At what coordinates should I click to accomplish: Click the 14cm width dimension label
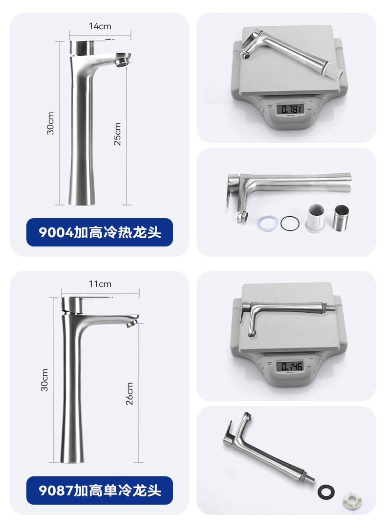coord(100,26)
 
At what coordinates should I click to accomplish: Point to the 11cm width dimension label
coord(100,284)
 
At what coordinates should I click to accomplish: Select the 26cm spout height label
coord(129,394)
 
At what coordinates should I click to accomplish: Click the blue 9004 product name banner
coord(100,232)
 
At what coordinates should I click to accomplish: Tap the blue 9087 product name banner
coord(100,490)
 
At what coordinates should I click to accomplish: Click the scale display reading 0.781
coord(290,108)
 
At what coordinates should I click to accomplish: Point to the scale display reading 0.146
coord(290,366)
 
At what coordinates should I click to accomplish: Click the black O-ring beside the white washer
coord(290,223)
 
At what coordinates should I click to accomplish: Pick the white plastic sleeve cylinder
coord(316,218)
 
